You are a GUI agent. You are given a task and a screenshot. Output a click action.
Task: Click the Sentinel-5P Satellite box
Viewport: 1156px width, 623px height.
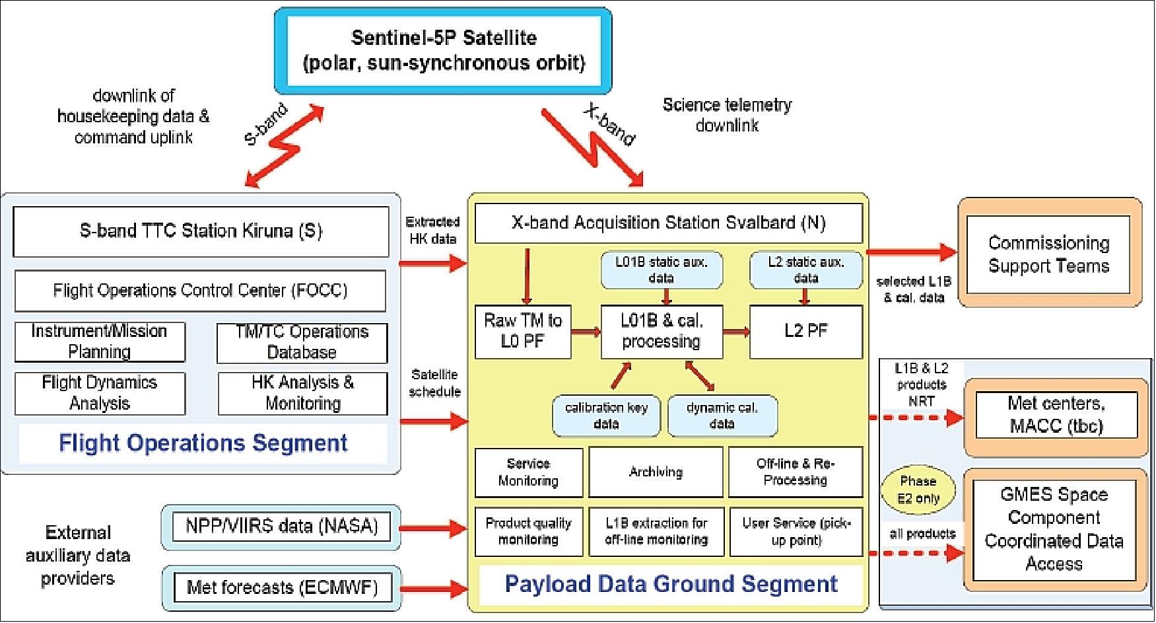click(443, 51)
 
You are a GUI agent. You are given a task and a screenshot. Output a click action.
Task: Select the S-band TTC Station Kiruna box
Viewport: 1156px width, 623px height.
click(201, 231)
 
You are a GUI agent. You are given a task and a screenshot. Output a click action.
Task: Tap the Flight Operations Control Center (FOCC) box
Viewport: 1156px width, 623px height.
click(200, 291)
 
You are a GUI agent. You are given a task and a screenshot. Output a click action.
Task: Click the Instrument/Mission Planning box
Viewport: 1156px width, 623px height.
click(100, 342)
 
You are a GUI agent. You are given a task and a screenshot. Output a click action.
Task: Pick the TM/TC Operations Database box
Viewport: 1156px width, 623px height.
click(302, 342)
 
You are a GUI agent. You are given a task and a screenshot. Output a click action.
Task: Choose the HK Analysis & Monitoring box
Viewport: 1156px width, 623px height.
click(302, 393)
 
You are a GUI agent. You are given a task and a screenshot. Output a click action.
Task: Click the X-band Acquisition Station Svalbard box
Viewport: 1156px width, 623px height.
click(668, 223)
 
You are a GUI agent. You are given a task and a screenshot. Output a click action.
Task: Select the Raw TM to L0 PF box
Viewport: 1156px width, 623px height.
click(522, 331)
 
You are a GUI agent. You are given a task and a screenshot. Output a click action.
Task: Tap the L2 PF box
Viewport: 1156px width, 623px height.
click(805, 331)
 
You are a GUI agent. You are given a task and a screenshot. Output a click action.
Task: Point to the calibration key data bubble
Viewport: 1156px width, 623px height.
click(605, 416)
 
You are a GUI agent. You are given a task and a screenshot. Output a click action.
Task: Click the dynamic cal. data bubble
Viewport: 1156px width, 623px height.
click(722, 416)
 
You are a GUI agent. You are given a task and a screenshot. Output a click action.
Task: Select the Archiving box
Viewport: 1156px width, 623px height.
click(655, 472)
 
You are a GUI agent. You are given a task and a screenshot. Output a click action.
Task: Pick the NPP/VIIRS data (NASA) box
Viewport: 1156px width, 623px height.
click(281, 527)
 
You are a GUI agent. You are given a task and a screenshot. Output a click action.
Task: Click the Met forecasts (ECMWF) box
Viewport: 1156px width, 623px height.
click(281, 587)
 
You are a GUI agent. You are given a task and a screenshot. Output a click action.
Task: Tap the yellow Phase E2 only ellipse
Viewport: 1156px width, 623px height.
click(918, 490)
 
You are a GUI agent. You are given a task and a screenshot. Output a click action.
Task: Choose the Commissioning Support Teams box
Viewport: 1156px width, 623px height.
click(1048, 254)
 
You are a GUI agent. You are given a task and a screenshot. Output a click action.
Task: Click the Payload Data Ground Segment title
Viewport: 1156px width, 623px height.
click(671, 584)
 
